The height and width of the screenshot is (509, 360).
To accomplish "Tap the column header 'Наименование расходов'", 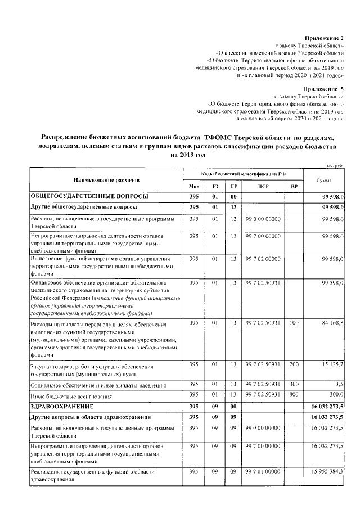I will (106, 180).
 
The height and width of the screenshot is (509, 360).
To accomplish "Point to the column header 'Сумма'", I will (323, 180).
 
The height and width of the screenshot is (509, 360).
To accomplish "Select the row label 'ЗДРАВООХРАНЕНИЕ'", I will (62, 406).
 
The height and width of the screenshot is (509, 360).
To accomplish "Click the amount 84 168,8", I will (332, 323).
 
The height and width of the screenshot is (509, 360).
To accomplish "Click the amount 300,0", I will (336, 395).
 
